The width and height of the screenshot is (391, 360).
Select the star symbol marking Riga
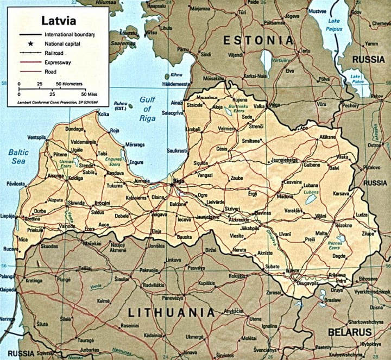coord(173,185)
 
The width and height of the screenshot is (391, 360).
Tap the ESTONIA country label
coord(259,40)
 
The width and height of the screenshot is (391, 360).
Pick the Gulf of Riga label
coord(147,108)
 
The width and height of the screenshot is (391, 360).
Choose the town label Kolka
coord(104,114)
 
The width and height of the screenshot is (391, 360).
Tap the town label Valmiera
coord(227,129)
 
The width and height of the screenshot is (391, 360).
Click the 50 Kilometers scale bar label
coord(70,85)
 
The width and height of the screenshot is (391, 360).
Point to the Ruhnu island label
coord(121,106)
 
